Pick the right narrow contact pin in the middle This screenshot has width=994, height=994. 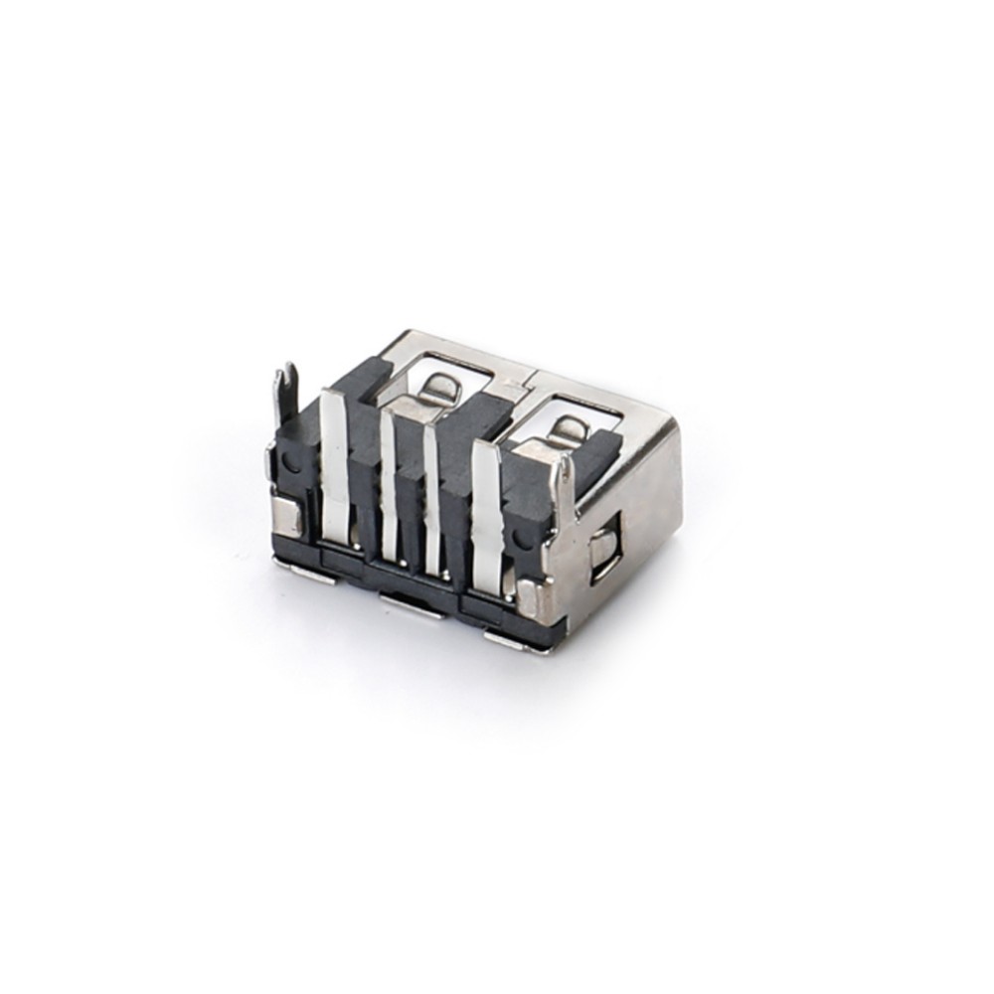click(x=432, y=497)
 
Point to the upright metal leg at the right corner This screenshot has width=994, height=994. click(x=564, y=492)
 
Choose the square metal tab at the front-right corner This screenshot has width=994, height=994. click(x=530, y=599)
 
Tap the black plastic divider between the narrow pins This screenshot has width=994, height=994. click(x=411, y=497)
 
